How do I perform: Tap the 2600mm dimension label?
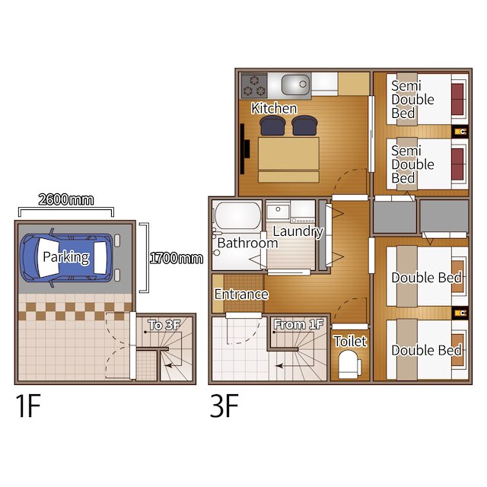(x=66, y=199)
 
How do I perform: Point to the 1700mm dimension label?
(x=177, y=258)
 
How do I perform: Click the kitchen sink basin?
(x=296, y=84)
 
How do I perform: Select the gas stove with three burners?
(x=254, y=86)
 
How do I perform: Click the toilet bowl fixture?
(x=349, y=364)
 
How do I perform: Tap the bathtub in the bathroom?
(x=238, y=215)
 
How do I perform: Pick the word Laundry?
(x=298, y=231)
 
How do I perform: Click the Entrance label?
(x=241, y=294)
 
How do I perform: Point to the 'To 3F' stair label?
(x=164, y=325)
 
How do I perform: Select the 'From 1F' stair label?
(x=299, y=324)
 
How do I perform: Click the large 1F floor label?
(x=28, y=406)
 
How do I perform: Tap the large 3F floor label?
(x=224, y=406)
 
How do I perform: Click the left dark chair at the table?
(x=272, y=126)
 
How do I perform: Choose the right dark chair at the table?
(x=304, y=126)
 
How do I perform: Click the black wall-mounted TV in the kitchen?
(x=244, y=149)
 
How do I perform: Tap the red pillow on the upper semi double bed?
(x=458, y=99)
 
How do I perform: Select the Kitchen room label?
(x=274, y=108)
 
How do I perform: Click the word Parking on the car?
(x=66, y=257)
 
